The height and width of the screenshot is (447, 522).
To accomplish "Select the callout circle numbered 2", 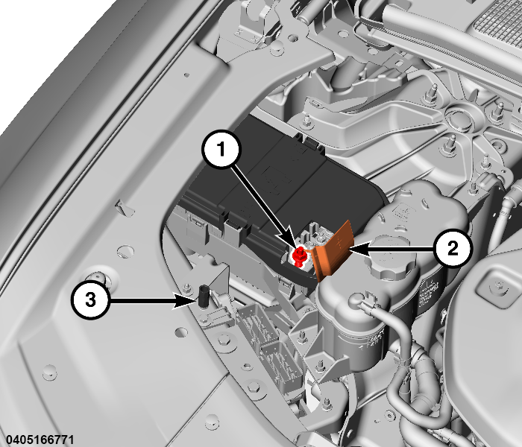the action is tap(453, 248).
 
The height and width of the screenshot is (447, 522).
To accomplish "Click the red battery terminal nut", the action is tap(299, 257).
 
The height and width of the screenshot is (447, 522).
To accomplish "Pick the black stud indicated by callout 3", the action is tap(202, 296).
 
